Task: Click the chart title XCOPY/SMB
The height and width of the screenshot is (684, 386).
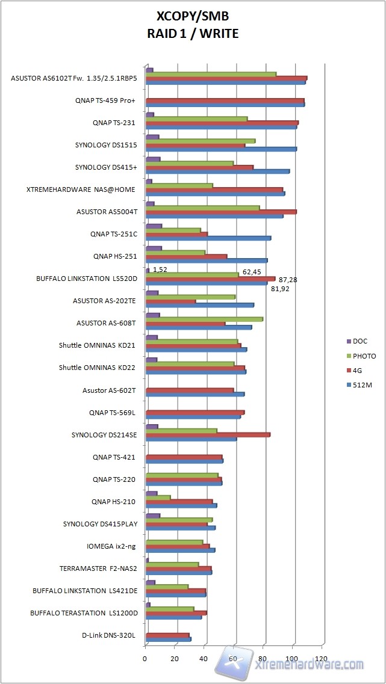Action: (193, 16)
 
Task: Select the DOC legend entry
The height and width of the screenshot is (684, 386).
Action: (360, 341)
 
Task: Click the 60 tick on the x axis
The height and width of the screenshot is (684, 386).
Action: (234, 659)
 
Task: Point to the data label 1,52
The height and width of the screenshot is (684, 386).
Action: (160, 270)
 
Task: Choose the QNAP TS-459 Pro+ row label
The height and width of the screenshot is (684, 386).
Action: (105, 100)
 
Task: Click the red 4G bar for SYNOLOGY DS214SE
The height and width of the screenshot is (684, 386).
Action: (208, 434)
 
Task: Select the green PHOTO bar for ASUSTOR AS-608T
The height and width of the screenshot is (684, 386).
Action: (205, 319)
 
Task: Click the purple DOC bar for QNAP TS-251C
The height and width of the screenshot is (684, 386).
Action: (154, 226)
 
